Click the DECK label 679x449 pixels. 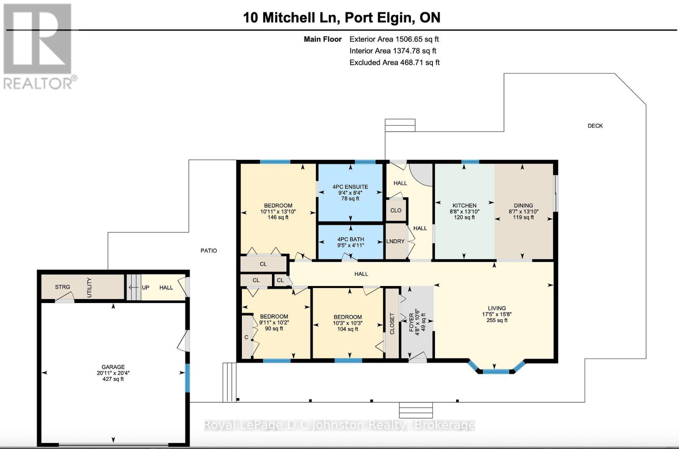[595, 126]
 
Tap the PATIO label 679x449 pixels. [208, 251]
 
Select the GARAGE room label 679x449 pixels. [113, 367]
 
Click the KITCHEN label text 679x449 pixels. [464, 205]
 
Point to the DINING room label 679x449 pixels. [523, 205]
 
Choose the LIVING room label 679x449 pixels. [497, 309]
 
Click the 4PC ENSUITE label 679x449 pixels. [350, 187]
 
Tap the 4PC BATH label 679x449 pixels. [351, 239]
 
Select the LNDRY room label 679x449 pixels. [395, 241]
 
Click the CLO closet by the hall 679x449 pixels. [396, 210]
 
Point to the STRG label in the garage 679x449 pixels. [62, 287]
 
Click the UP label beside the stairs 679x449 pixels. [146, 287]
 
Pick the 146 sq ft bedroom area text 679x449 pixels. [278, 217]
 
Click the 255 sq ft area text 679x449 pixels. [497, 320]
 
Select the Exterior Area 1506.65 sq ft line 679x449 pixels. [394, 39]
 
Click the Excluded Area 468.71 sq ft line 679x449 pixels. [394, 62]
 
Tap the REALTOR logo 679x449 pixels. [39, 47]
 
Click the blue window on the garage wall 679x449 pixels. [187, 378]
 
